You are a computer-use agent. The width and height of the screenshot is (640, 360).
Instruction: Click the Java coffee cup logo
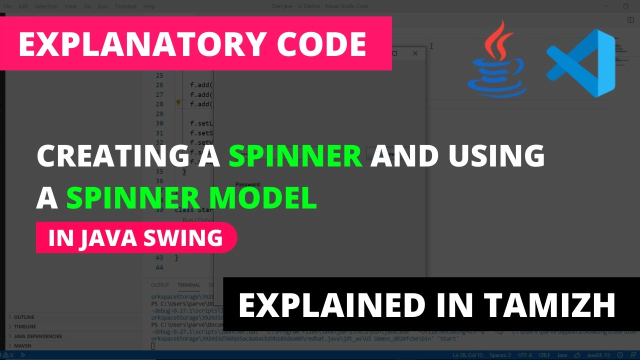(x=495, y=60)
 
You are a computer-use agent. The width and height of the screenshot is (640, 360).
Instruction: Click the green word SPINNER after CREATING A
(x=295, y=156)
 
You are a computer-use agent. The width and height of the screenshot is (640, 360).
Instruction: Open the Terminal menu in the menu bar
(x=125, y=6)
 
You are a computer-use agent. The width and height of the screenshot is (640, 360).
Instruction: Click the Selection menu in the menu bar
(x=46, y=6)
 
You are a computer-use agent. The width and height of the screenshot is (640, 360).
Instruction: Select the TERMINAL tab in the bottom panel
(x=188, y=285)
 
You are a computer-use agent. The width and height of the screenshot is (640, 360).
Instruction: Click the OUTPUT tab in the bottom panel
(x=160, y=285)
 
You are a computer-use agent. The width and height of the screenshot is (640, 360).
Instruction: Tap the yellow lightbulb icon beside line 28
(x=178, y=103)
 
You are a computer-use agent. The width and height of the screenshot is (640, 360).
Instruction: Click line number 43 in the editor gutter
(x=159, y=258)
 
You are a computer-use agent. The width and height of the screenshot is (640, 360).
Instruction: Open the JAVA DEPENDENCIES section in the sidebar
(x=38, y=336)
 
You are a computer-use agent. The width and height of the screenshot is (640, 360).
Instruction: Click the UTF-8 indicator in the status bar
(x=524, y=355)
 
